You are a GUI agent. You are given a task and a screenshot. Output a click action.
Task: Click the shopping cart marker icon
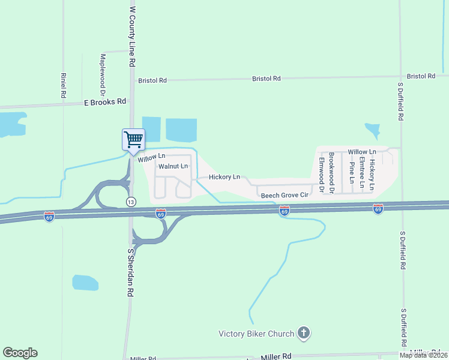click(133, 140)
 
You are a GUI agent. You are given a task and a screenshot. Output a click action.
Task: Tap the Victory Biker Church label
click(256, 334)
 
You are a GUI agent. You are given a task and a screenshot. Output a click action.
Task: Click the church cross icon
click(304, 333)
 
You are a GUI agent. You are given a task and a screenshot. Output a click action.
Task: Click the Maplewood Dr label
click(103, 76)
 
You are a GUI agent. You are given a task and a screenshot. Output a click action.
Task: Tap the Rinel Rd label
click(62, 86)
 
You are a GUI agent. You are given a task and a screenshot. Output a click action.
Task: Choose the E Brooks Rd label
click(105, 102)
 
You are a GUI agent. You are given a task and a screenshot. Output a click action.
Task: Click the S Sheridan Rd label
click(130, 273)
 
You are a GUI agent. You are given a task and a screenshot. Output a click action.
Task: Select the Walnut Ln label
click(173, 166)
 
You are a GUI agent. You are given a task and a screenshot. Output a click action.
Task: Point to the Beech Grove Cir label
click(284, 195)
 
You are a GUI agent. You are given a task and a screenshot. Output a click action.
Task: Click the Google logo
click(20, 353)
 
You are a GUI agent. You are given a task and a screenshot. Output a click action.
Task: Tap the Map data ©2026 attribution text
click(424, 355)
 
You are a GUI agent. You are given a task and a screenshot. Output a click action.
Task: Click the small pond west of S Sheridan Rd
click(85, 283)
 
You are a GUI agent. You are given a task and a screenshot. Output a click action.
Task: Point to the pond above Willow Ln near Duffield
click(372, 131)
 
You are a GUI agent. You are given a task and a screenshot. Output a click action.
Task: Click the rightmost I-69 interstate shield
click(378, 209)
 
